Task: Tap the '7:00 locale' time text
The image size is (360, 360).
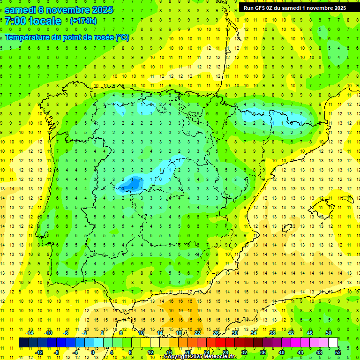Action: pos(33,21)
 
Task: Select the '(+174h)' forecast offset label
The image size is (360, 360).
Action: pos(83,21)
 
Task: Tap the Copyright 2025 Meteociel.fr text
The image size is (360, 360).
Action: pos(200,357)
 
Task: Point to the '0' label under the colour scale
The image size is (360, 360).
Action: pos(92,352)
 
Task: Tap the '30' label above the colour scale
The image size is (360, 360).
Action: pos(234,333)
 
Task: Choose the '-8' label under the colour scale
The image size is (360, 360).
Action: pos(57,352)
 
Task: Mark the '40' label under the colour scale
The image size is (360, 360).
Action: pos(281,352)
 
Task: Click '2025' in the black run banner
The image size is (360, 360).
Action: pos(338,7)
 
